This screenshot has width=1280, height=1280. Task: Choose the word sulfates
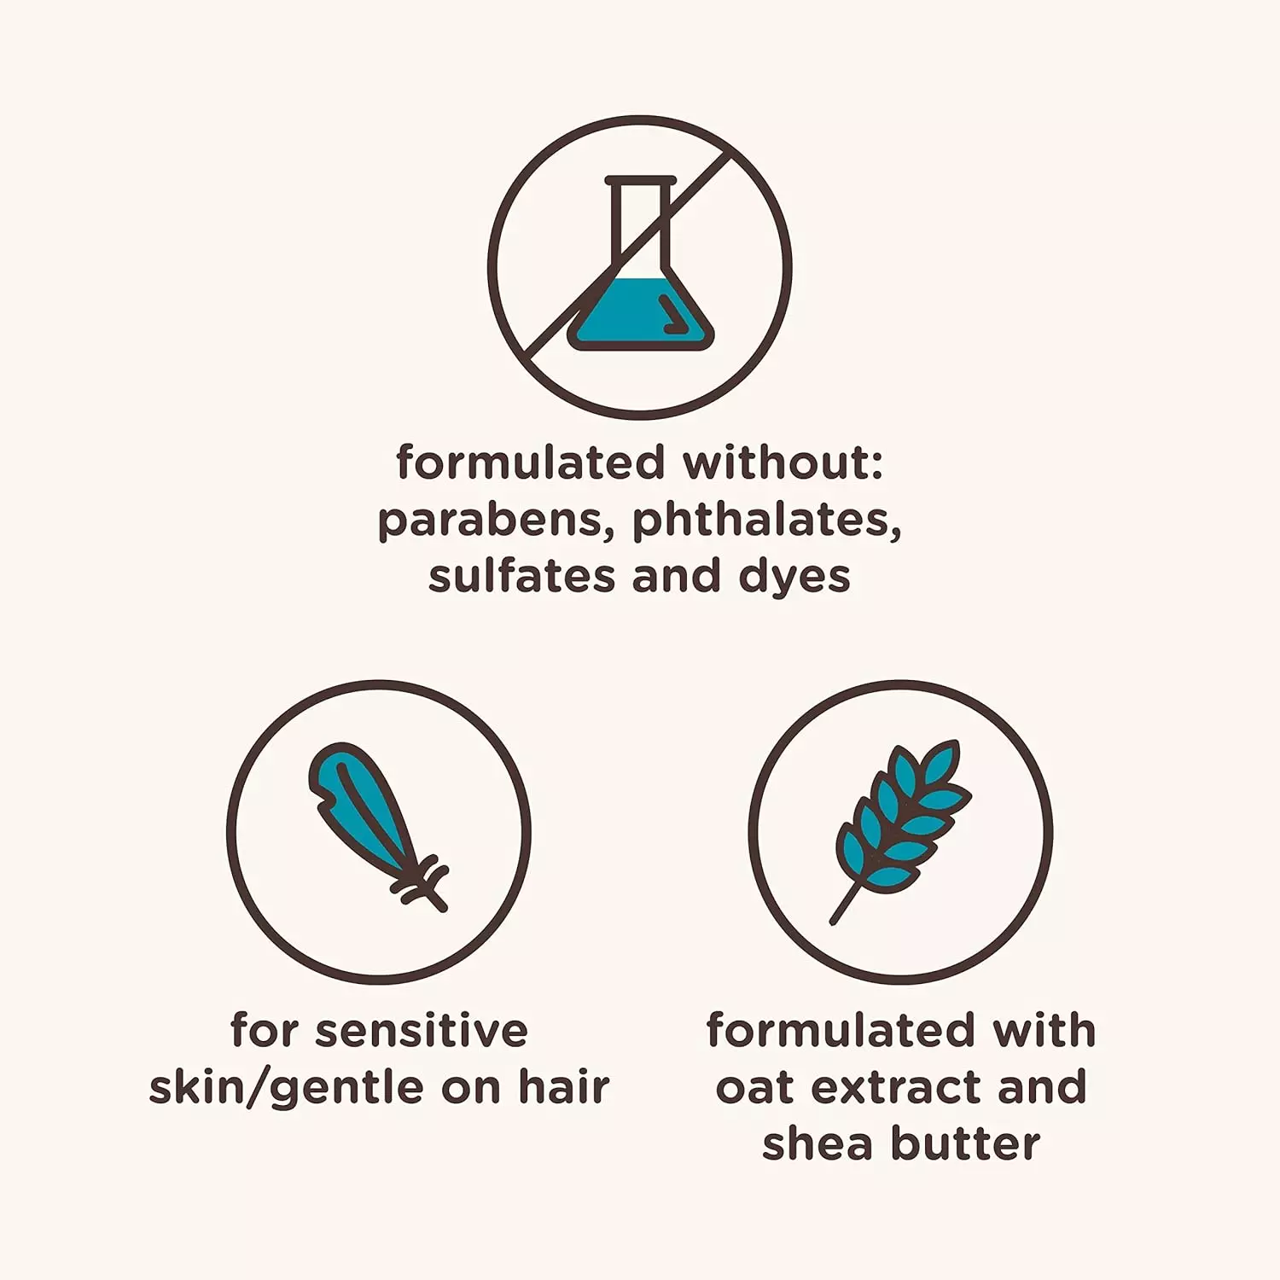tap(521, 576)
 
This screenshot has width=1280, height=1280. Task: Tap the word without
tap(782, 463)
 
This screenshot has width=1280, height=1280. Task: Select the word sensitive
tap(422, 1031)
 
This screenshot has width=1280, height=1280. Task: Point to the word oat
tap(753, 1088)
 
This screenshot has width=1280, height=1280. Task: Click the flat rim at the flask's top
tap(640, 181)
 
